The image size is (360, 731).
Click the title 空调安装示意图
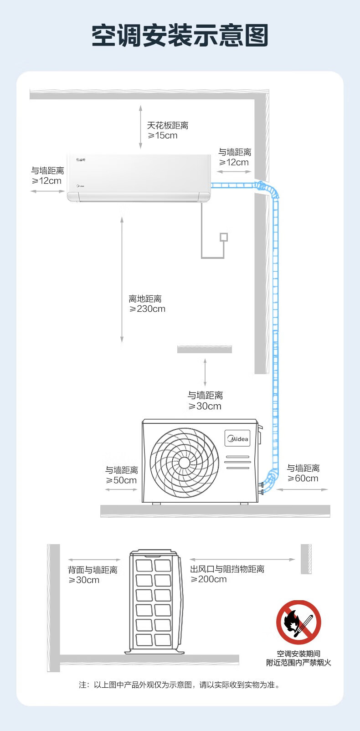[180, 36]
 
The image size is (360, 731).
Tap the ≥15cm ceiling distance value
[163, 136]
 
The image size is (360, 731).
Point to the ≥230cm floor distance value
[147, 309]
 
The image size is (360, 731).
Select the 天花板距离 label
[168, 125]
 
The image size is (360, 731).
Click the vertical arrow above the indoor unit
[141, 127]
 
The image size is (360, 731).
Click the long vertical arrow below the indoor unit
[122, 280]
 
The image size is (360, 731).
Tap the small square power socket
[224, 237]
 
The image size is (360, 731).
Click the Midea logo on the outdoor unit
[237, 438]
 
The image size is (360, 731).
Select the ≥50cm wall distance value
[121, 480]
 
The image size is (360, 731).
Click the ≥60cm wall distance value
[303, 479]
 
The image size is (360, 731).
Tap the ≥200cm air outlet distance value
[209, 579]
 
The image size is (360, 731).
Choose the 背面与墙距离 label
[93, 570]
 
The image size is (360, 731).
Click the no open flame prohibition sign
[298, 623]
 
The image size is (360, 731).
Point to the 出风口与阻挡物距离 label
[227, 569]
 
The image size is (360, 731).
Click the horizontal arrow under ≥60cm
[302, 489]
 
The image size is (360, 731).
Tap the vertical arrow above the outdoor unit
[205, 372]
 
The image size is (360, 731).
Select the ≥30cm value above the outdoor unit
[205, 407]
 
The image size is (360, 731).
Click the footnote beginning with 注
[180, 685]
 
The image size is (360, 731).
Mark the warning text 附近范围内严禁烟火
[298, 663]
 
